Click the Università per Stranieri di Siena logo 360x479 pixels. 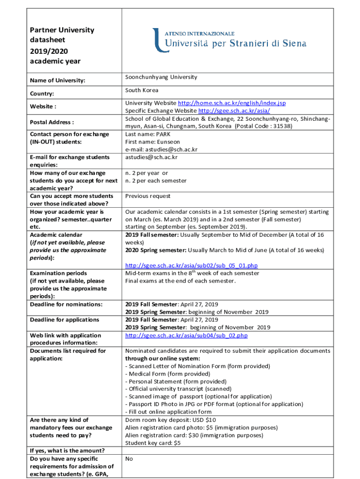coord(229,40)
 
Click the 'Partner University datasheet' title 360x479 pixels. coord(62,35)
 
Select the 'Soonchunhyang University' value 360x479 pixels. coord(161,77)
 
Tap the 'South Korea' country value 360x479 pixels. coord(142,90)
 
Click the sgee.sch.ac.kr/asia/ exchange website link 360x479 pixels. coord(234,111)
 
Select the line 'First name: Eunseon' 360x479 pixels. coord(152,142)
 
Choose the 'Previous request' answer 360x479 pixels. coord(148,196)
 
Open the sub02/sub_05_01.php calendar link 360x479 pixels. coord(191,266)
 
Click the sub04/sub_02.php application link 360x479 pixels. coord(186,335)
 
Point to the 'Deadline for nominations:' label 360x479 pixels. coord(66,305)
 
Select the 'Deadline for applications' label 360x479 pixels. coord(64,320)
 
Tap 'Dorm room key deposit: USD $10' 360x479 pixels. coord(171,420)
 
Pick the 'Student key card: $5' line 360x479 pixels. coord(153,443)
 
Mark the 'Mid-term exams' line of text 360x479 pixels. coord(192,273)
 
